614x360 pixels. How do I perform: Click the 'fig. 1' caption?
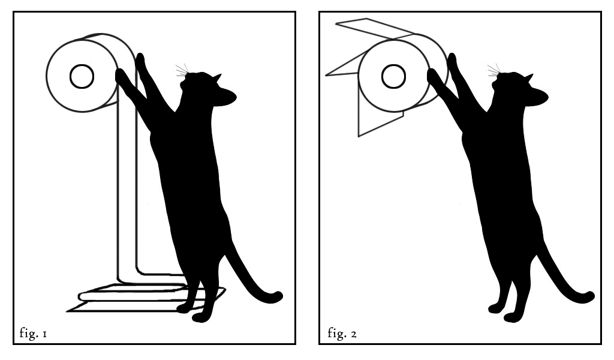[x=34, y=333]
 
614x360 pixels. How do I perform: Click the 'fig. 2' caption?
[x=342, y=333]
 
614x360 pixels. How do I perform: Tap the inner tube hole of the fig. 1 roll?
[x=82, y=76]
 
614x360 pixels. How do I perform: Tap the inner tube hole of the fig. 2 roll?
[x=393, y=76]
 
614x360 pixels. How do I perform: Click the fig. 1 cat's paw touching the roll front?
[x=121, y=76]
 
